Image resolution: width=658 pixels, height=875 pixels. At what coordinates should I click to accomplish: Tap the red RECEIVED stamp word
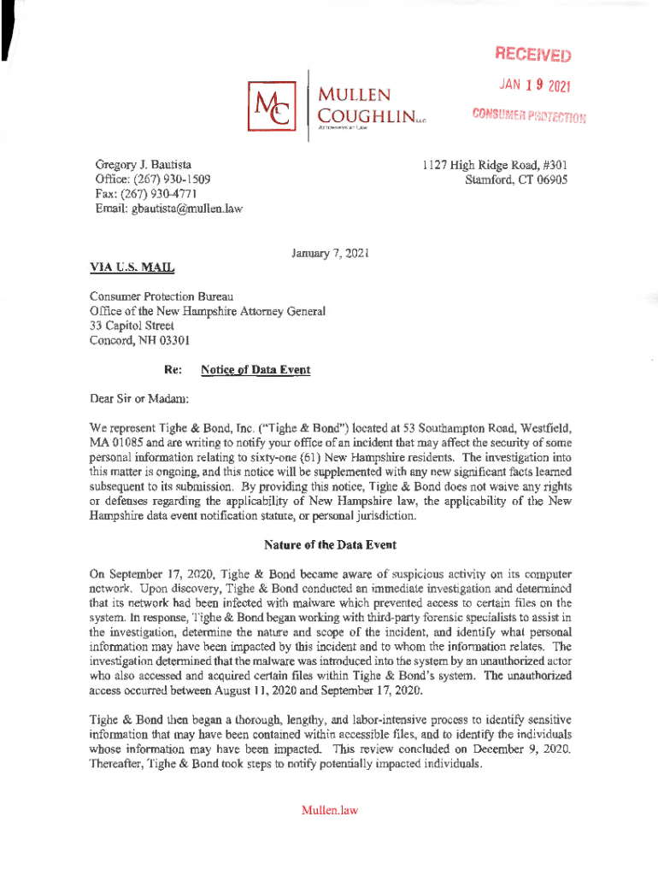531,56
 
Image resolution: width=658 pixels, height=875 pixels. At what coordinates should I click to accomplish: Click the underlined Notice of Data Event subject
256,370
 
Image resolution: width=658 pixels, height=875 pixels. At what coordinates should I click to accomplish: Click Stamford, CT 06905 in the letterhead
516,179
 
